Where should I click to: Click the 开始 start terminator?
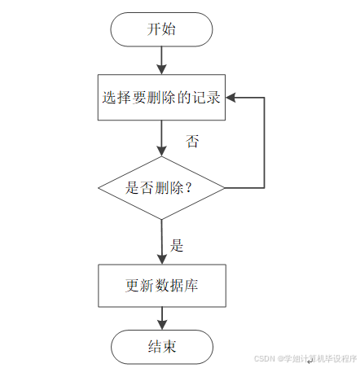point(161,29)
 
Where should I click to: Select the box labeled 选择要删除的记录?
point(161,97)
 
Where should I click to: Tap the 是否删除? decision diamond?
point(161,188)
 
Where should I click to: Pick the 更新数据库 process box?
point(162,286)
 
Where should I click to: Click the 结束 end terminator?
point(162,347)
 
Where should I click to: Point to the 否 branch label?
point(192,142)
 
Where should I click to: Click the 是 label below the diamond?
point(177,245)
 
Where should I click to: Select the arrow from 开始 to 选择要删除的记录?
point(161,60)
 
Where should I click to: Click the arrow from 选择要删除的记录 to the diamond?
point(161,138)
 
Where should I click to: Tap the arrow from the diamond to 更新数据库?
point(162,242)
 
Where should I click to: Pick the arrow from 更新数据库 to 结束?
point(162,318)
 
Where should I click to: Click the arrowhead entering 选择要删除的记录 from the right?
point(230,98)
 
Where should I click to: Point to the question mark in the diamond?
point(189,188)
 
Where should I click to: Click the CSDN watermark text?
point(305,358)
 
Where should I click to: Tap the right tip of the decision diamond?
point(225,188)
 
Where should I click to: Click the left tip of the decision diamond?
point(99,188)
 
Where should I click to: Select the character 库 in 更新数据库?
point(191,286)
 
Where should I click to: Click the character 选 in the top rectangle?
point(109,97)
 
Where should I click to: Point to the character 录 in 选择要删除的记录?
point(213,97)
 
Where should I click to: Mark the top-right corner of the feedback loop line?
point(264,98)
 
